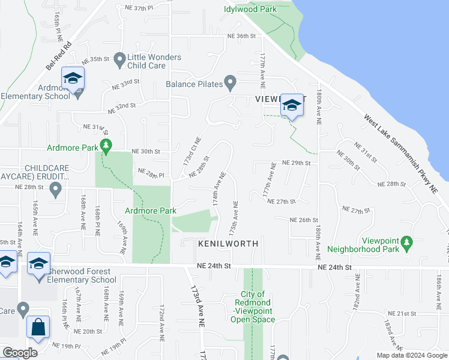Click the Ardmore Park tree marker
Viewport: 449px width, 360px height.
106,145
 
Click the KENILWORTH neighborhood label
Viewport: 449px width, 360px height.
229,244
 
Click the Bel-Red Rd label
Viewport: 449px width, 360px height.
58,55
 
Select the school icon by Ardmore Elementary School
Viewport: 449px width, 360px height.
73,79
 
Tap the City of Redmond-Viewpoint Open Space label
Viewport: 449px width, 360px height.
253,307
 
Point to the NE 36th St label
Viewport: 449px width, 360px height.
242,36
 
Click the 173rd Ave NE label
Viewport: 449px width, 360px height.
195,306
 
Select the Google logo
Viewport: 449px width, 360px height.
19,353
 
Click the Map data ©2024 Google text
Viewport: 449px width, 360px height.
411,355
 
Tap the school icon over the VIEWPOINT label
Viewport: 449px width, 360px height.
292,105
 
